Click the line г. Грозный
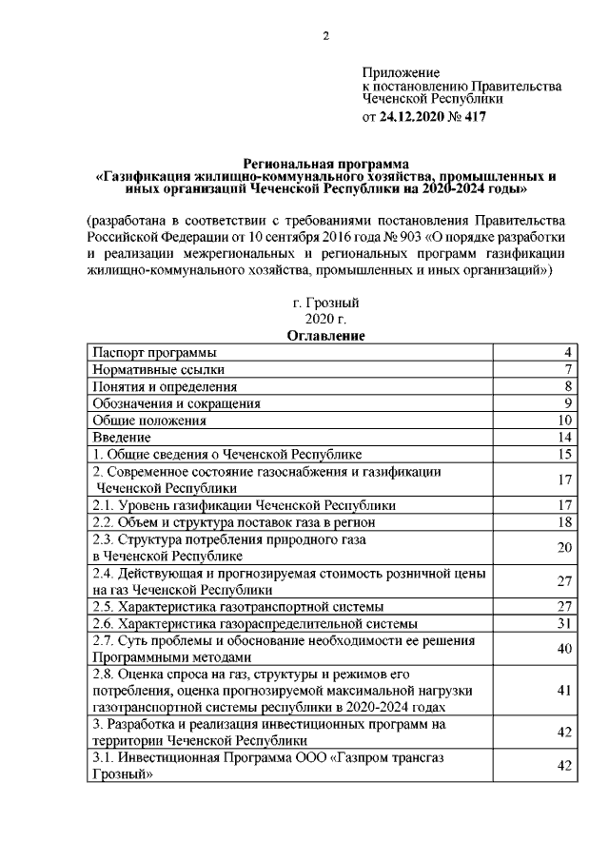point(326,303)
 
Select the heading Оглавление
point(326,335)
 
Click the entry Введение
point(121,437)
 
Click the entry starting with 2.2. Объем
point(234,522)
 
